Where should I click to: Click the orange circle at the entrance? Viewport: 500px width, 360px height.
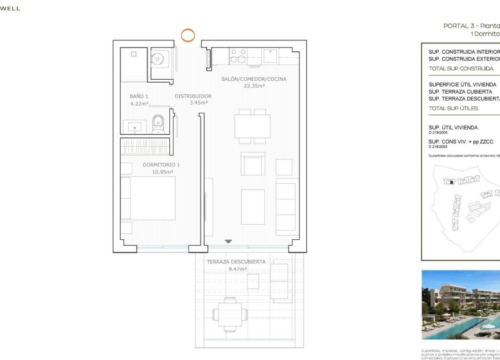pyautogui.click(x=188, y=35)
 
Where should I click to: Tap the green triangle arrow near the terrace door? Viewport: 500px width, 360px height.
pyautogui.click(x=228, y=241)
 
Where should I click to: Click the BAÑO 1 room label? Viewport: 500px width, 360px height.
pyautogui.click(x=139, y=97)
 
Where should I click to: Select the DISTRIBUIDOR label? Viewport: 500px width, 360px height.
pyautogui.click(x=193, y=97)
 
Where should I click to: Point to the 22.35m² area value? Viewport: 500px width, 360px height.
pyautogui.click(x=254, y=86)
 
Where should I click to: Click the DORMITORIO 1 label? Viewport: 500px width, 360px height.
pyautogui.click(x=157, y=165)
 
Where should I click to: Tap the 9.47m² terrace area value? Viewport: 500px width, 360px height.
pyautogui.click(x=238, y=269)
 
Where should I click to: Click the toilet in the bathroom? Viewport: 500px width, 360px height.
pyautogui.click(x=158, y=124)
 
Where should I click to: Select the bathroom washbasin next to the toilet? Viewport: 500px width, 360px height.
pyautogui.click(x=135, y=125)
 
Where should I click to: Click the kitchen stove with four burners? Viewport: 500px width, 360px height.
pyautogui.click(x=238, y=55)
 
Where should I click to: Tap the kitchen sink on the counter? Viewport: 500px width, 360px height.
pyautogui.click(x=270, y=56)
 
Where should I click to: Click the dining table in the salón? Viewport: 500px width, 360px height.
pyautogui.click(x=252, y=126)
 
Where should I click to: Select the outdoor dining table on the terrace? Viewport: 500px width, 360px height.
pyautogui.click(x=229, y=314)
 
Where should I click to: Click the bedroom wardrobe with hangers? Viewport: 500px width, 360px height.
pyautogui.click(x=145, y=146)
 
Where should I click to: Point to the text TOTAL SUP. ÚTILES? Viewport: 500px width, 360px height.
pyautogui.click(x=453, y=109)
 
